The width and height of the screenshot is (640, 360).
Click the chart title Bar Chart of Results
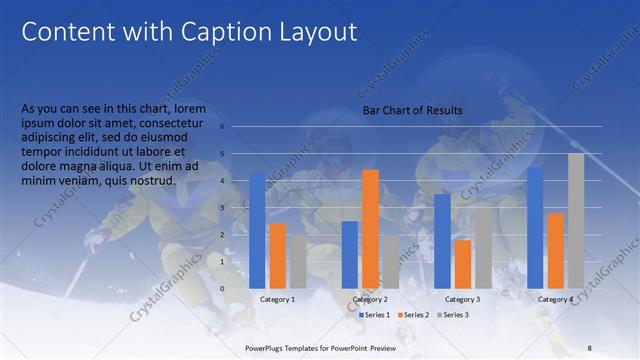[411, 110]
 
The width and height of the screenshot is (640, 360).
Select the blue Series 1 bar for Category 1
[257, 230]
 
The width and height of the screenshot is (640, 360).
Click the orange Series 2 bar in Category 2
[370, 229]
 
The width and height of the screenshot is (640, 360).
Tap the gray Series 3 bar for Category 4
[576, 221]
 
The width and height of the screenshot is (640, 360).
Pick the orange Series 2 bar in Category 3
[462, 264]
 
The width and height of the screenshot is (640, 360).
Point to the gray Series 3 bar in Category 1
[297, 261]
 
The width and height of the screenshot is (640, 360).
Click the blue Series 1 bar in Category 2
[349, 254]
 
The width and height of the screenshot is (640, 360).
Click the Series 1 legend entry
[375, 315]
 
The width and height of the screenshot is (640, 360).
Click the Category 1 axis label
[277, 299]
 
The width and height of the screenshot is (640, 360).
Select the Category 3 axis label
[462, 299]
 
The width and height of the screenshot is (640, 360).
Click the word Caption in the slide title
[214, 32]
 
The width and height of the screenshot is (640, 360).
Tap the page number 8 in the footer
[590, 346]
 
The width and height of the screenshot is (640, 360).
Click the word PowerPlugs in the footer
[267, 346]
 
